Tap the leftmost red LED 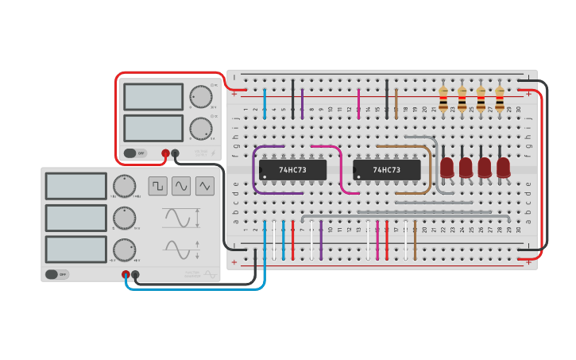447,167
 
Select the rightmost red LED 504,167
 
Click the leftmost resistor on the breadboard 443,99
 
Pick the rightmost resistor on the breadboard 500,99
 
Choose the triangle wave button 205,186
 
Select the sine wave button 181,186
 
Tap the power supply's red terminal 165,153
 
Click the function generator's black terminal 136,275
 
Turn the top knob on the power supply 201,97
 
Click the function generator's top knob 124,186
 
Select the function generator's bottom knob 124,249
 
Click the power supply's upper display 153,97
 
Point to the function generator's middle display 75,218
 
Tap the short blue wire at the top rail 265,103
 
